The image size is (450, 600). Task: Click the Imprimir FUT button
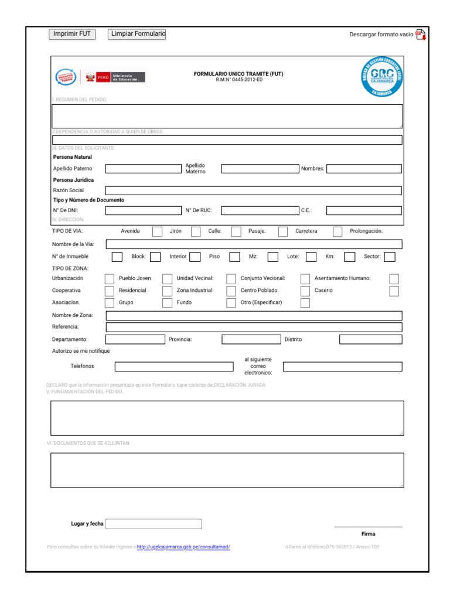pos(72,35)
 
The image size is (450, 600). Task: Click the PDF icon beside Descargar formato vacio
pos(420,35)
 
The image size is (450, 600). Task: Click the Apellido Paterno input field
pos(144,169)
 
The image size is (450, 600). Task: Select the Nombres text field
pos(364,169)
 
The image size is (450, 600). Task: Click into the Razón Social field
pos(253,190)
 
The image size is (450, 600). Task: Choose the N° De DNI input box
pos(144,210)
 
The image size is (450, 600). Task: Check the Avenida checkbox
pos(157,231)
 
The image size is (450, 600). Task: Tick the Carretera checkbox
pos(337,231)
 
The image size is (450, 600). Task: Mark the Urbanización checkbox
pos(110,279)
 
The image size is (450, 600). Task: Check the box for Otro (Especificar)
pos(305,303)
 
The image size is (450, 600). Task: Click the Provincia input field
pos(251,339)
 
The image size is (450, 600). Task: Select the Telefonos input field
pos(174,367)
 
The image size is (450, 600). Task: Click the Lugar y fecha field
pos(154,524)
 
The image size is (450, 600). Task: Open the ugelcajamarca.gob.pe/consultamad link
pos(183,547)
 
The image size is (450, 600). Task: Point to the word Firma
pos(369,534)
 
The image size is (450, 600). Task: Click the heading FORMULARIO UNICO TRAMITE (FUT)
pos(238,74)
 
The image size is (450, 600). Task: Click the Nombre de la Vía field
pos(253,244)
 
